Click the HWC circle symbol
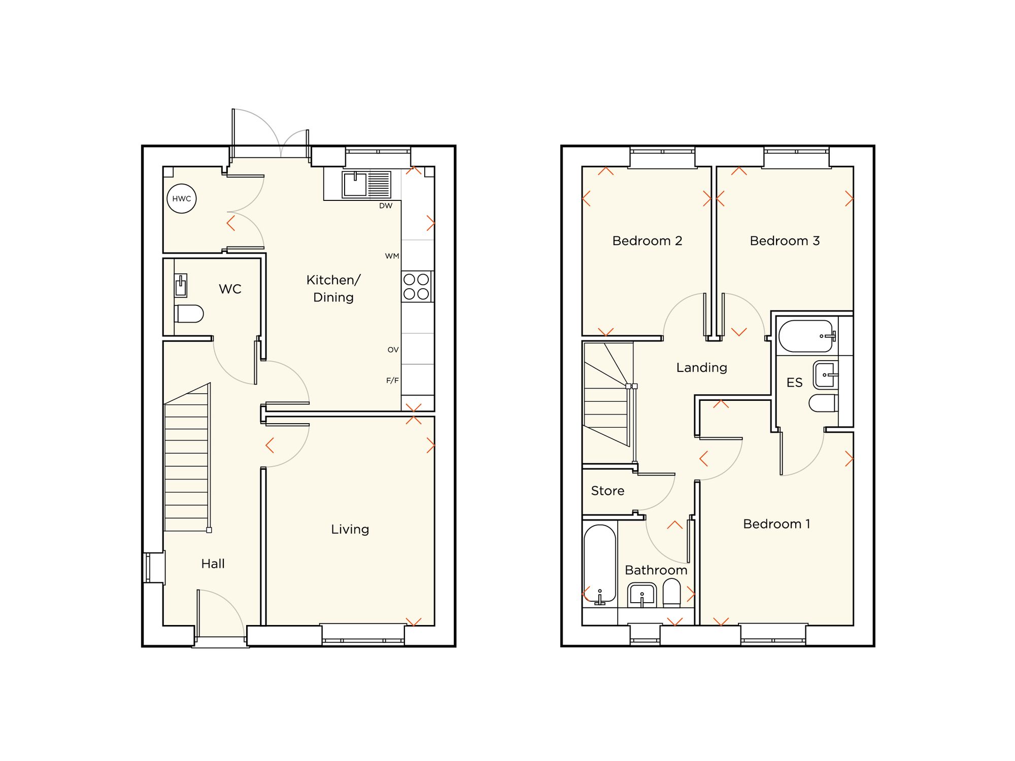pos(182,198)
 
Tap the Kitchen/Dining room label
pos(333,288)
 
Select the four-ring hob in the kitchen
pos(416,287)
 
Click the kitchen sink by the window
pos(366,184)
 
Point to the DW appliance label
pos(386,206)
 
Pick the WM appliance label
pos(392,256)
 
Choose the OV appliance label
pos(393,350)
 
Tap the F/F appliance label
pos(392,380)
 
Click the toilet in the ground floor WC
pos(190,314)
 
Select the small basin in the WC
pos(181,286)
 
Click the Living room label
pos(350,529)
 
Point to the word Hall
pos(213,564)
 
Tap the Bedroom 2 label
pos(647,240)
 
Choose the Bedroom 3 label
pos(785,240)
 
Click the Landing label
pos(701,367)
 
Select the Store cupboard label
pos(607,491)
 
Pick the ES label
pos(794,383)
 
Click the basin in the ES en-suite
pos(825,374)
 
